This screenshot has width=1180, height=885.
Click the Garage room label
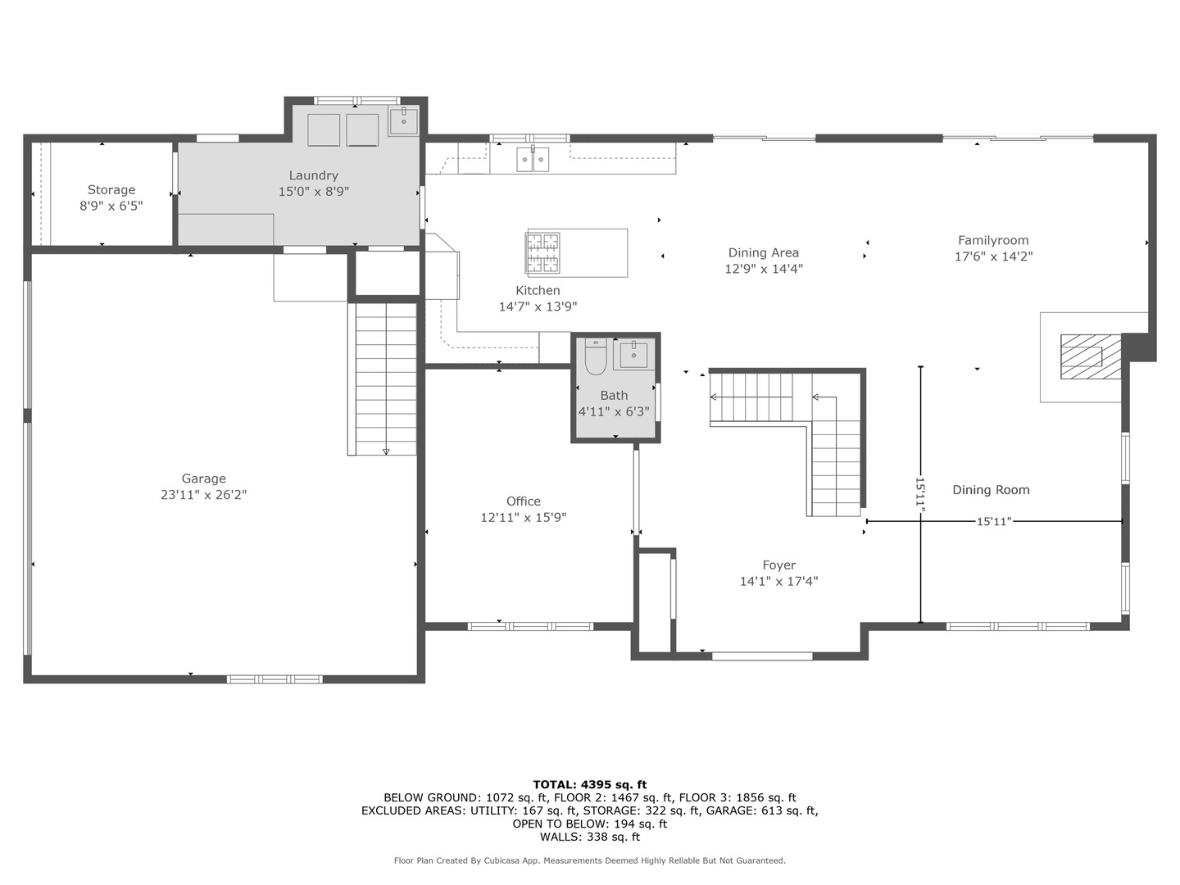tap(203, 479)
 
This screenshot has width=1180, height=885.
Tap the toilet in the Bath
tap(595, 356)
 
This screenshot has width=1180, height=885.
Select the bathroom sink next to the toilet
tap(633, 354)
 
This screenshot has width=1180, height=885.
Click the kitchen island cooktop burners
tap(543, 252)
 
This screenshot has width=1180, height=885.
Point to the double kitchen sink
tap(533, 159)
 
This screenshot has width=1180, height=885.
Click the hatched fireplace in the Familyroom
tap(1090, 356)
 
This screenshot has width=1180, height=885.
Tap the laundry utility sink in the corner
tap(404, 121)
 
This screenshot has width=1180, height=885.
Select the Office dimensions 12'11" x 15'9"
tap(523, 517)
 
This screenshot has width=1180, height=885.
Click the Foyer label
tap(779, 565)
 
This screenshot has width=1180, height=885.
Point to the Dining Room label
tap(991, 489)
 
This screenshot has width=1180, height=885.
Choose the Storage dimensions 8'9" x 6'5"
tap(111, 206)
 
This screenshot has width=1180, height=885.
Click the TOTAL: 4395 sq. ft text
tap(590, 785)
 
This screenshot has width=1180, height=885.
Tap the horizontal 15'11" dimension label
tap(994, 521)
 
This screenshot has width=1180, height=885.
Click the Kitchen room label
tap(538, 290)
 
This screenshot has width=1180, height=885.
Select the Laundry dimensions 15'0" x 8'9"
tap(313, 191)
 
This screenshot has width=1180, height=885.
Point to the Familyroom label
tap(993, 240)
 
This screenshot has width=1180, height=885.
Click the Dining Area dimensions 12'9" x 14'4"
tap(764, 269)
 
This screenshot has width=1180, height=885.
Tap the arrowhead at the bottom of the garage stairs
tap(386, 452)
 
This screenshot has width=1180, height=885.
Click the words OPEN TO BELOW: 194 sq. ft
tap(590, 824)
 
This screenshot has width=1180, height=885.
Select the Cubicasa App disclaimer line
tap(590, 860)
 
